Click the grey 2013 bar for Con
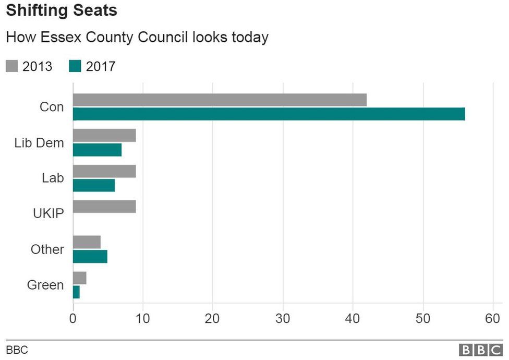tap(220, 100)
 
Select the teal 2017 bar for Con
tap(269, 114)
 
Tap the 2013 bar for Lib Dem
tap(104, 136)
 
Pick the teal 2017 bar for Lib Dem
tap(97, 150)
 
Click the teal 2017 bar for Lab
tap(94, 185)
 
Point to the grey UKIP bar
tap(104, 207)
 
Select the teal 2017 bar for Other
tap(90, 257)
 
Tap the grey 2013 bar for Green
tap(80, 278)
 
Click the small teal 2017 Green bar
tap(76, 292)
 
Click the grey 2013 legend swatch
tap(12, 66)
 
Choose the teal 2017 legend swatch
tap(75, 66)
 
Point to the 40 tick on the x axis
tap(353, 318)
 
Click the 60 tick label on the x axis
tap(493, 318)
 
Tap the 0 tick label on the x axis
tap(73, 318)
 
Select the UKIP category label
tap(47, 214)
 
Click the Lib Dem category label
tap(39, 143)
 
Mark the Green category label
tap(45, 285)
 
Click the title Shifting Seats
tap(62, 10)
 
